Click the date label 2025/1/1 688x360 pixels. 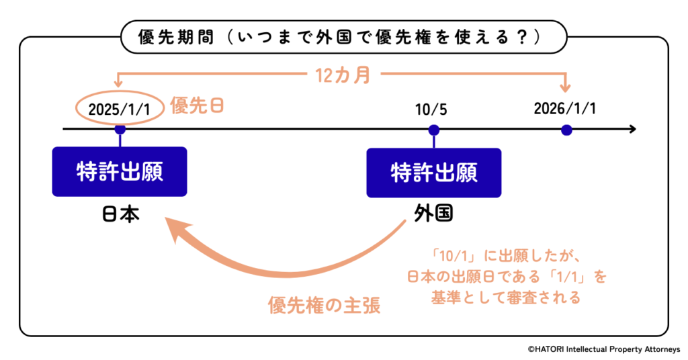[x=120, y=109]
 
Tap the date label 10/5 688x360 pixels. [x=434, y=109]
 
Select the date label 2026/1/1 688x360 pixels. [x=565, y=109]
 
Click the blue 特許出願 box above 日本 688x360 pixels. [x=120, y=171]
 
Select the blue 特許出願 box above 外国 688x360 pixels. [x=433, y=172]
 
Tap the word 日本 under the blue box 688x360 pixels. [x=120, y=214]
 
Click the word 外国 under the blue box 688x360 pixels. [x=433, y=214]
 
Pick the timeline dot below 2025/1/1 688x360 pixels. [x=120, y=129]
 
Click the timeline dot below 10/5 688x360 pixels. [x=434, y=130]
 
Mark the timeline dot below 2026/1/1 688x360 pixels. [x=566, y=130]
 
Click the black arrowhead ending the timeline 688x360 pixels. [x=631, y=128]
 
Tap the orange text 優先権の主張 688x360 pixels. [x=324, y=306]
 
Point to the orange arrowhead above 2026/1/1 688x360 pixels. [x=566, y=87]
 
